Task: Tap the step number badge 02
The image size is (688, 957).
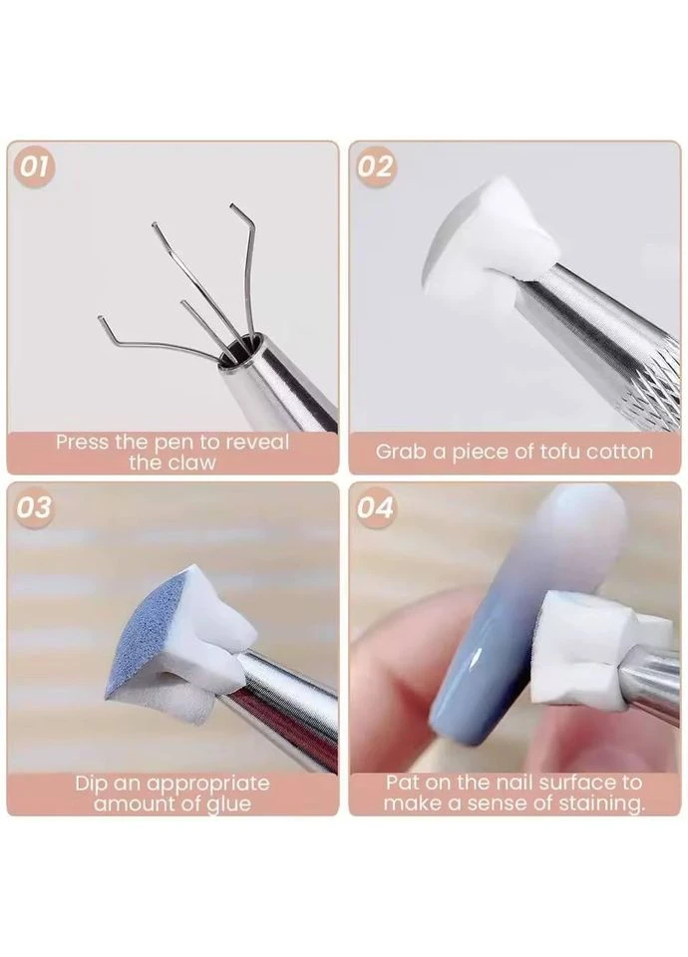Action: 375,166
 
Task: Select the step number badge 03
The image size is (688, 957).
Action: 34,506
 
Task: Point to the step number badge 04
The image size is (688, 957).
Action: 375,506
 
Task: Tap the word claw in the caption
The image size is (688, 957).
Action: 190,462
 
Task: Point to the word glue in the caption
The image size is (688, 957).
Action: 229,804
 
